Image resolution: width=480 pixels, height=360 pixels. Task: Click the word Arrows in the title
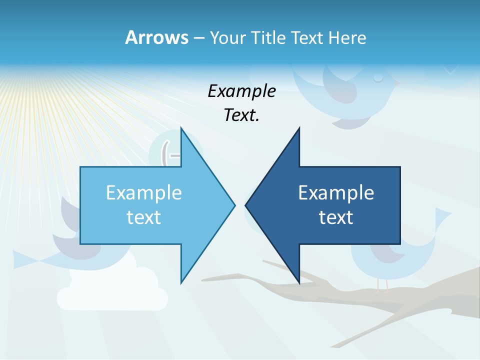156,37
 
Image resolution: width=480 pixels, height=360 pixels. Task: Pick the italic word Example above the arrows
241,91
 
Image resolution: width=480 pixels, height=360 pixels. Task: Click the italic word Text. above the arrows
241,115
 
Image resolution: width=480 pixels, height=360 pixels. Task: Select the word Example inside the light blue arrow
144,192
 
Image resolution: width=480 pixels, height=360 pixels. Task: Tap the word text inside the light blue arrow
144,217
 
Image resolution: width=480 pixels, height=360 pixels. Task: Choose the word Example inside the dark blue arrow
336,192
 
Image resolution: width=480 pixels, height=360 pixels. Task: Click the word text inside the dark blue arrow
336,217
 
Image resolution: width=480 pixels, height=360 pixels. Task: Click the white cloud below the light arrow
112,292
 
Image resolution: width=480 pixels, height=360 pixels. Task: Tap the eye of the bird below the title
378,78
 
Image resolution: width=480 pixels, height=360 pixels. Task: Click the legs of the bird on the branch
383,285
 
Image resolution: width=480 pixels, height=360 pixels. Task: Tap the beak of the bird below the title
397,83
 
